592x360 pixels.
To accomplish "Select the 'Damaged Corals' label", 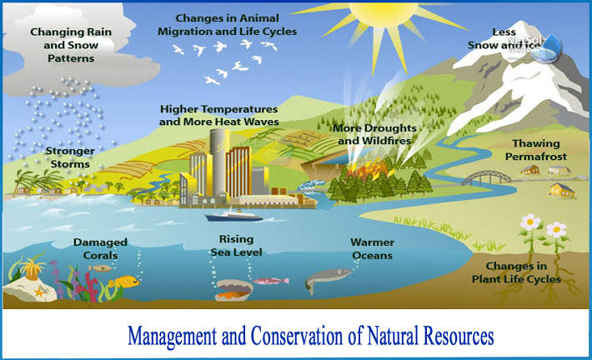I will pos(100,248).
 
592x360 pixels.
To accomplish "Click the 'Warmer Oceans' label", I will pos(372,248).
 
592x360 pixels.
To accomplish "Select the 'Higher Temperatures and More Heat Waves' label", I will pos(219,115).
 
